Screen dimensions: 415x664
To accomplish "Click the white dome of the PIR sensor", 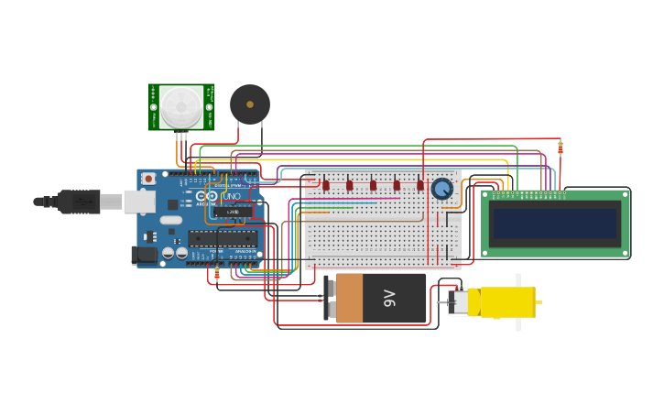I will [180, 105].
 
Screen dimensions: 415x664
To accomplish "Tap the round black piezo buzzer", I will [249, 104].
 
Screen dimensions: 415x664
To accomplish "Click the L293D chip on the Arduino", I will [234, 211].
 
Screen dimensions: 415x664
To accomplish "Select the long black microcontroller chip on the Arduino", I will [223, 238].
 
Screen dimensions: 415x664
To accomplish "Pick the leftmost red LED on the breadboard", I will [325, 185].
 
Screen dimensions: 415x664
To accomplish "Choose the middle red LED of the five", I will [373, 185].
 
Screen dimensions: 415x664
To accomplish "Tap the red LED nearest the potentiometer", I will [420, 185].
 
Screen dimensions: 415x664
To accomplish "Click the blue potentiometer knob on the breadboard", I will [442, 189].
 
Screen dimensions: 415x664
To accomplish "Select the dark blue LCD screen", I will [555, 223].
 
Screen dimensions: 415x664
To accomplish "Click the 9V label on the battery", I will [388, 298].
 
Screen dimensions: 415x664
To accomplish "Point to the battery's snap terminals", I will [330, 298].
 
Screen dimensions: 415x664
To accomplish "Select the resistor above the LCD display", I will [560, 147].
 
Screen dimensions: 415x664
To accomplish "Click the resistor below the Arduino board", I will [217, 273].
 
